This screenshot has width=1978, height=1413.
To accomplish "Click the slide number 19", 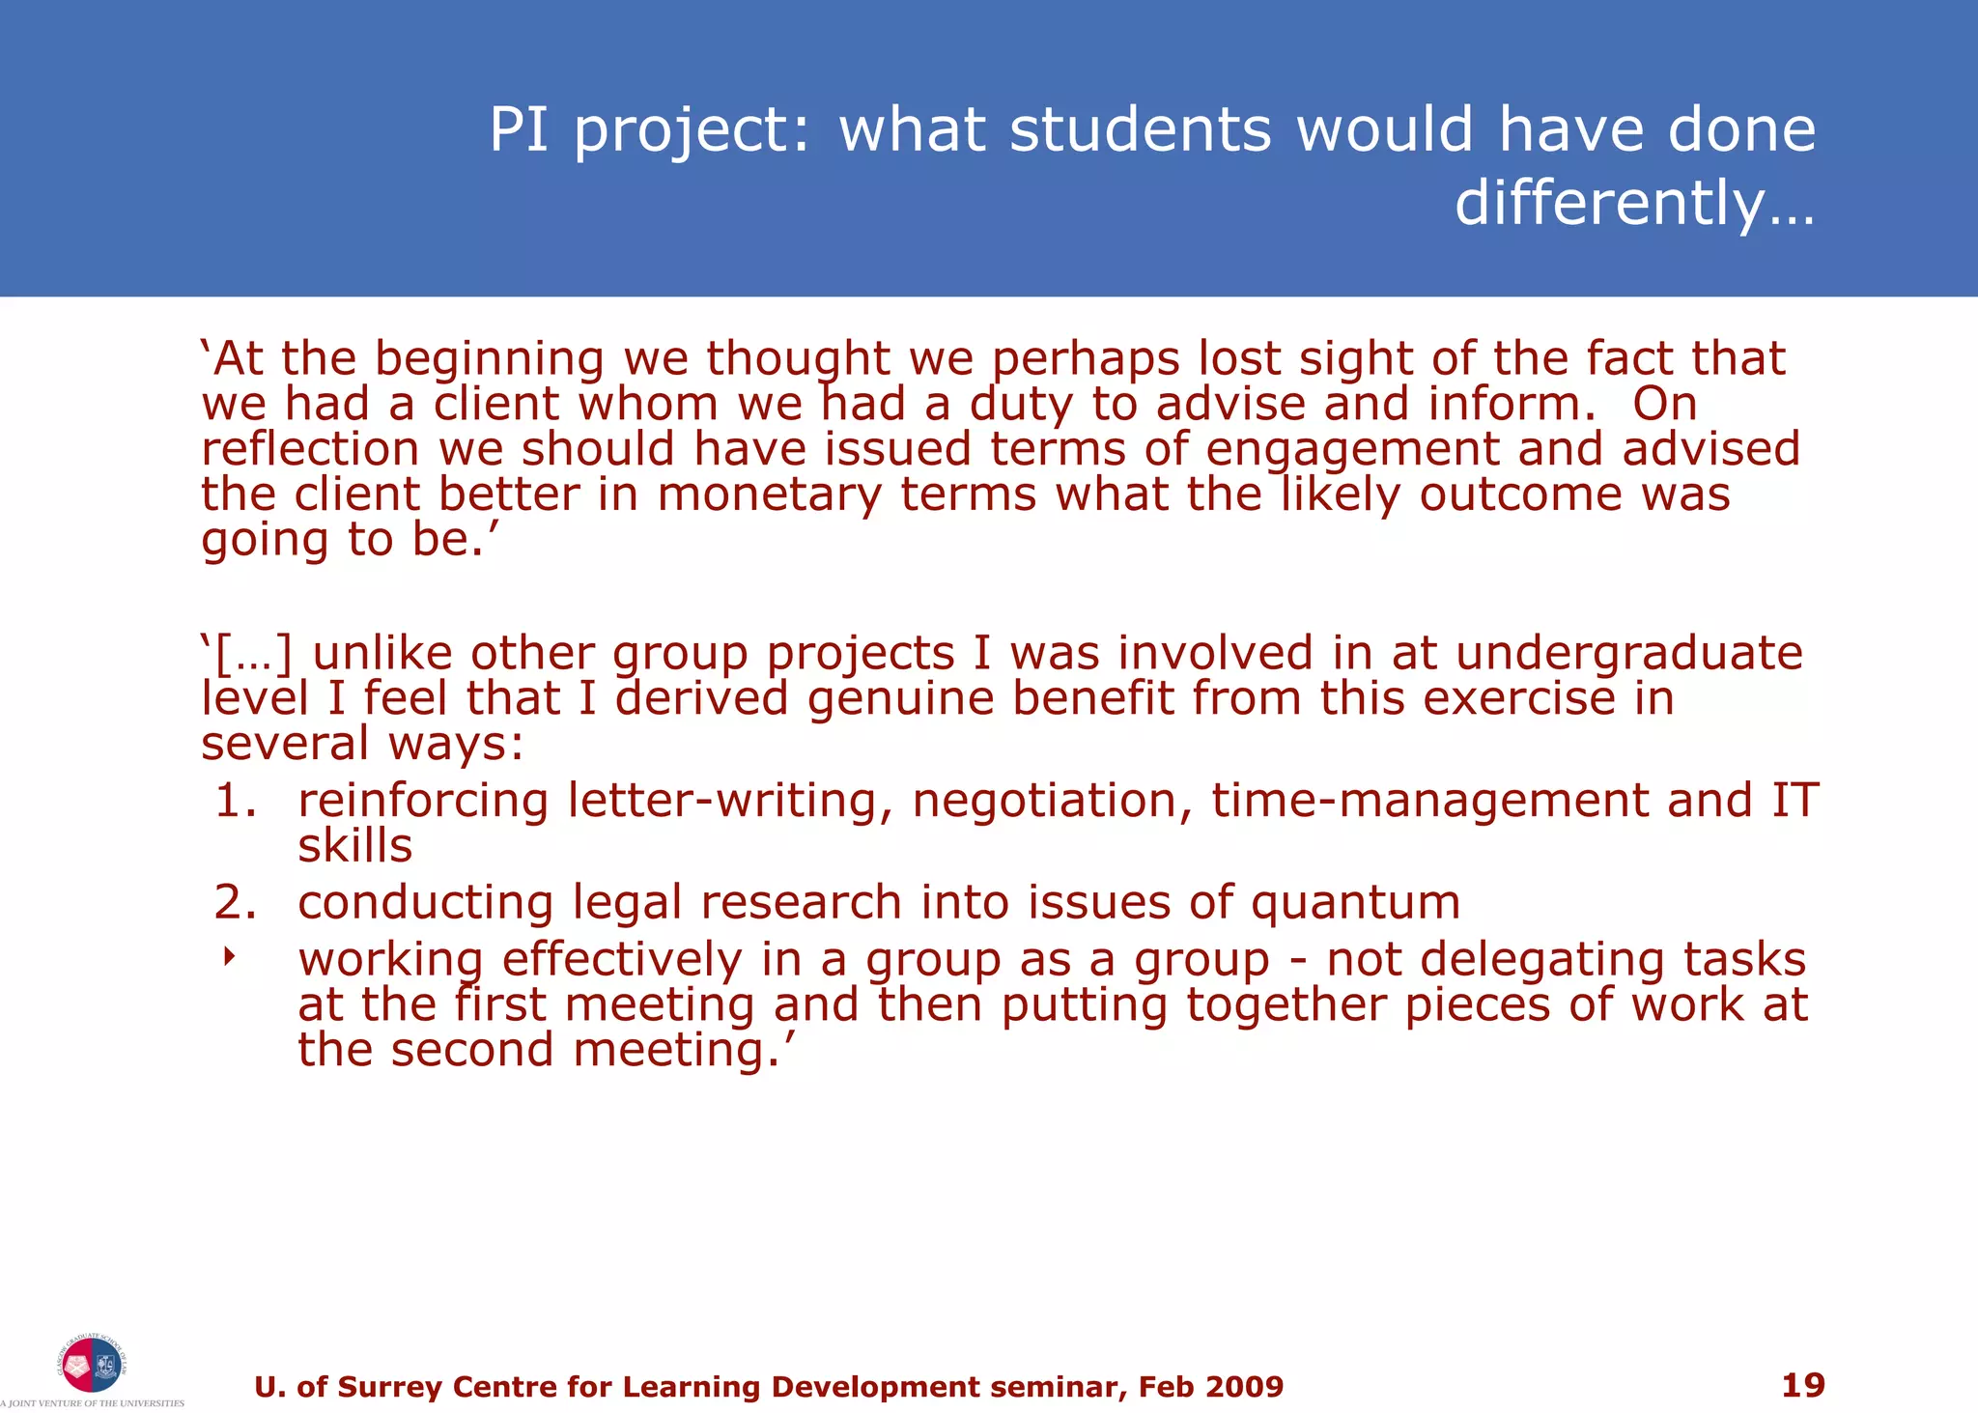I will [x=1802, y=1385].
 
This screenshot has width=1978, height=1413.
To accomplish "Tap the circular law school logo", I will [x=92, y=1364].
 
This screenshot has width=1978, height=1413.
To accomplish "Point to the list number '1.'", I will [x=237, y=801].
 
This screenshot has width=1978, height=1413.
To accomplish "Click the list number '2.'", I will [x=237, y=902].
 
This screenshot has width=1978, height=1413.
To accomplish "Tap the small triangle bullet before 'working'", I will [x=229, y=957].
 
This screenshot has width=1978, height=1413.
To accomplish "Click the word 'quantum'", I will [x=1355, y=902].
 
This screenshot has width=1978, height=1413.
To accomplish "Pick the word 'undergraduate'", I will [x=1628, y=653].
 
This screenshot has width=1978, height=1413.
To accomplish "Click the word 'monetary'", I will [x=769, y=495].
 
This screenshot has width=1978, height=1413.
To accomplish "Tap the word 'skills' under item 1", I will [x=354, y=846].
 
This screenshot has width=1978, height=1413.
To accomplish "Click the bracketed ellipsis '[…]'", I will [x=251, y=654].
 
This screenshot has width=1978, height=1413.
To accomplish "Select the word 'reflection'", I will [x=310, y=449].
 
